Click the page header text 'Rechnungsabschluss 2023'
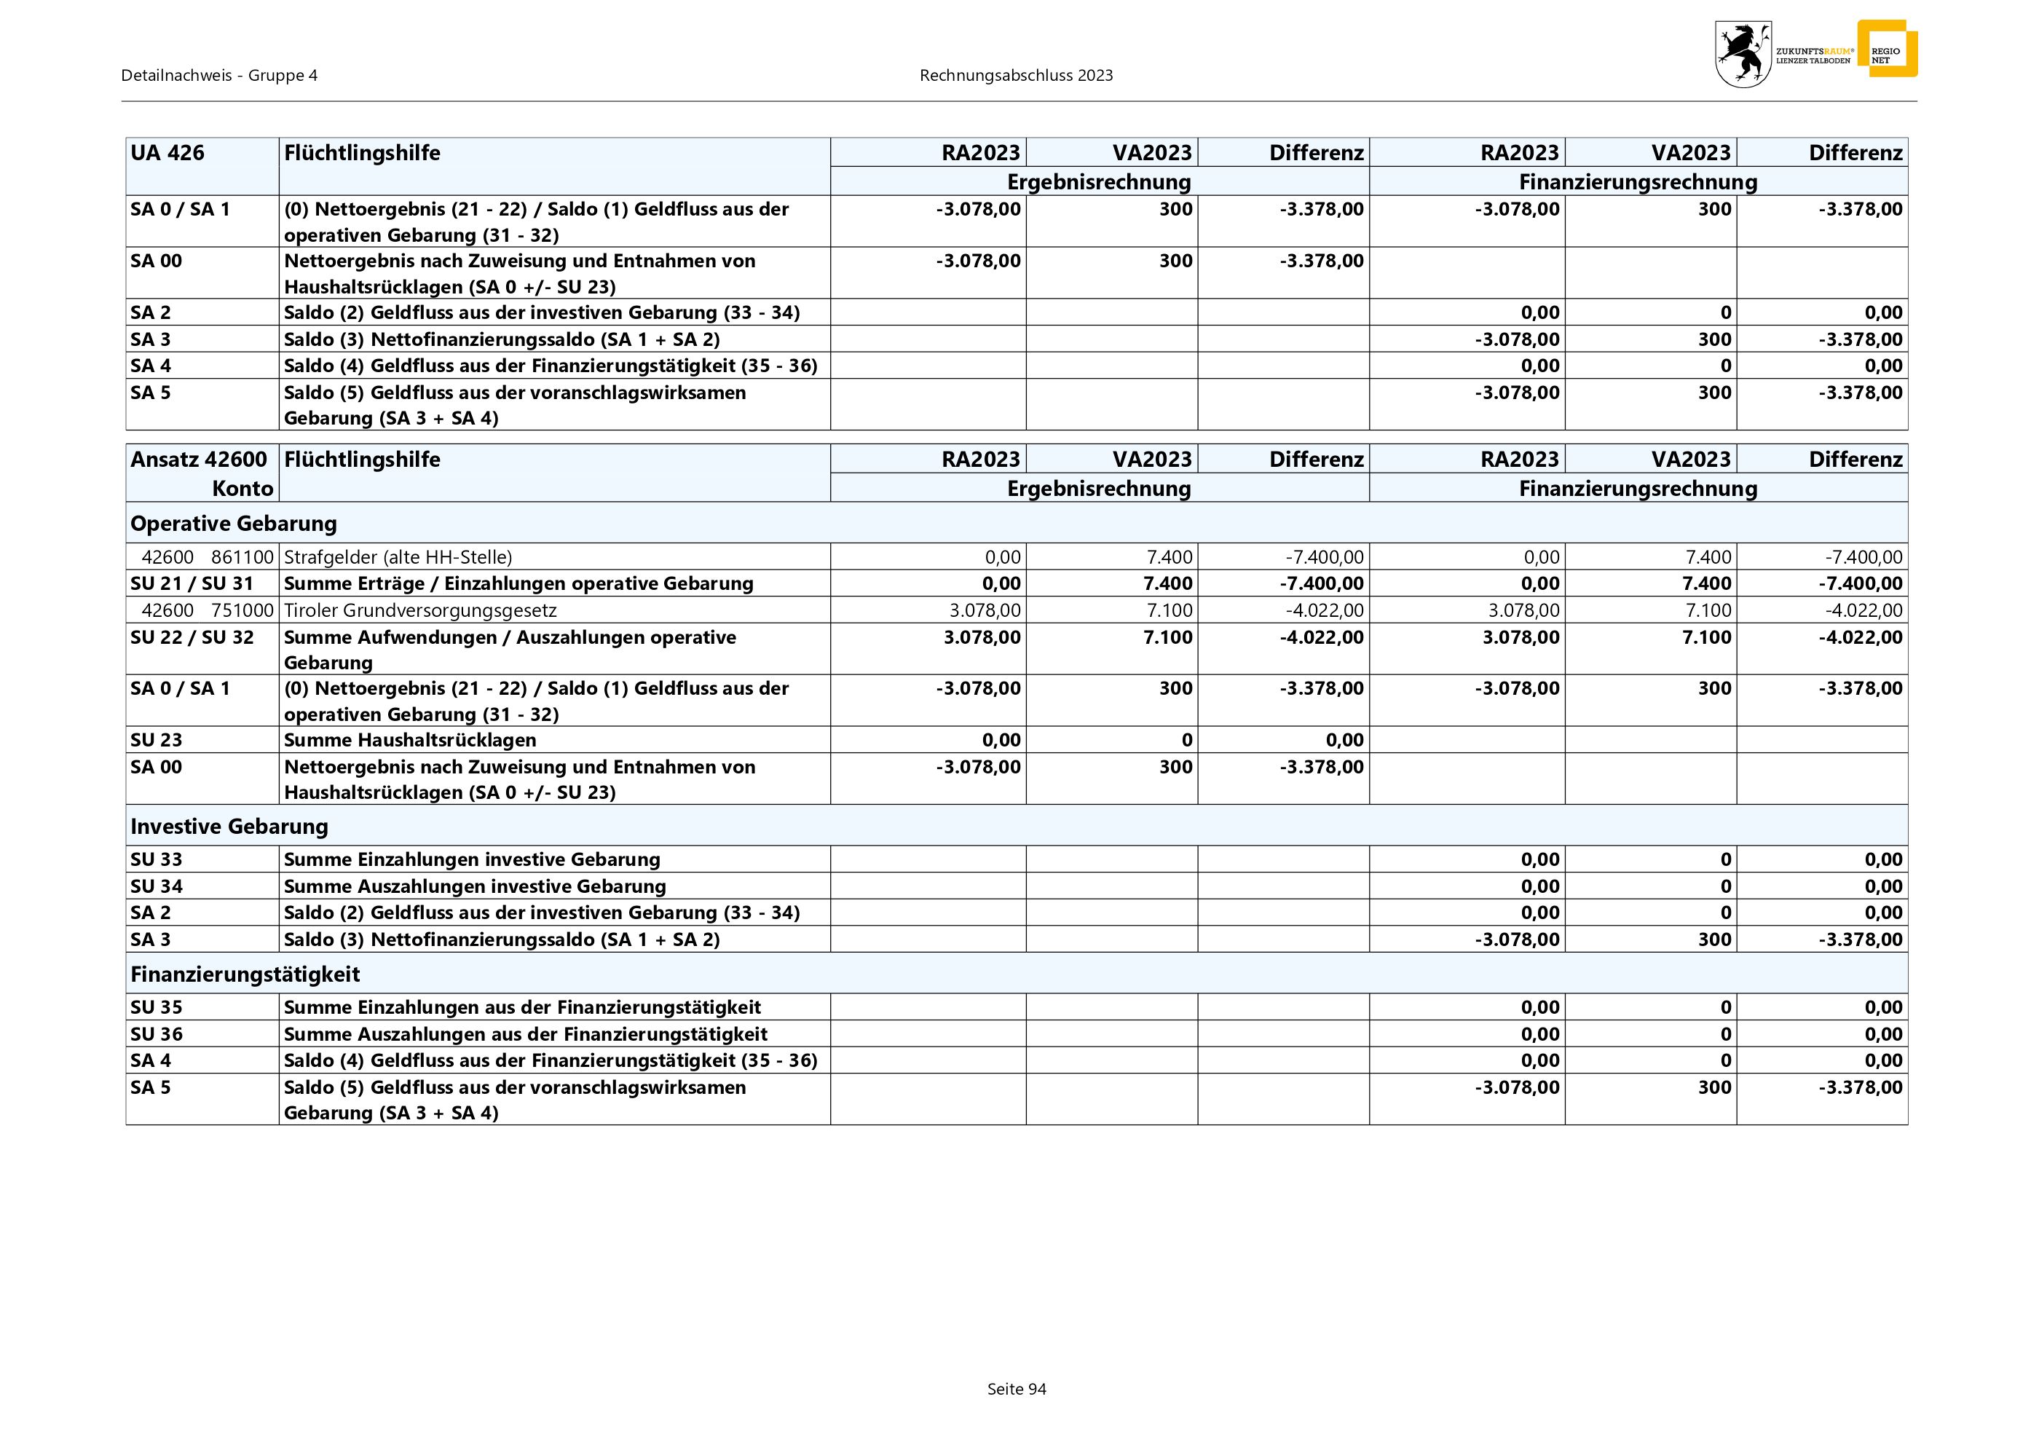[x=1016, y=76]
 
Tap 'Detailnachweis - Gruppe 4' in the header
[x=219, y=76]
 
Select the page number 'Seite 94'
[x=1017, y=1389]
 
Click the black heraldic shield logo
[x=1743, y=54]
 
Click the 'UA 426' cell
[x=167, y=153]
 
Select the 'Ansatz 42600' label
[x=199, y=459]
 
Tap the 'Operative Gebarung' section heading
[x=234, y=523]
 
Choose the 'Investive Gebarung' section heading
[x=229, y=827]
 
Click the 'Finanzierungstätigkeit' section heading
[x=245, y=974]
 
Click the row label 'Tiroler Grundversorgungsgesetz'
[x=420, y=610]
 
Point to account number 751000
[x=242, y=610]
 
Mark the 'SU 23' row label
[x=157, y=740]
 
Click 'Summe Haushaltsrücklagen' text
[x=409, y=740]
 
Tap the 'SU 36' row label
[x=157, y=1033]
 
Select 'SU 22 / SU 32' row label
[x=192, y=637]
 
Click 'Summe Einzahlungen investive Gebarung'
[x=472, y=859]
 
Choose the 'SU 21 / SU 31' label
[x=192, y=583]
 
